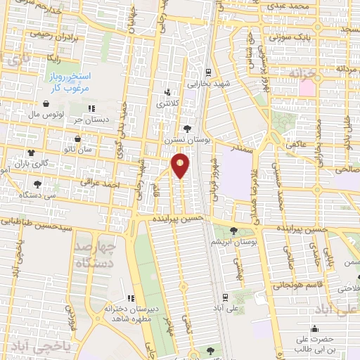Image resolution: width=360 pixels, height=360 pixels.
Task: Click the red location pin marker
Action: (181, 165)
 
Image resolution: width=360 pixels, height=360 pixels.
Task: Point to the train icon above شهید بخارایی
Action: (208, 72)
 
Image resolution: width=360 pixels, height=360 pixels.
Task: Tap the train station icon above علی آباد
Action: (224, 297)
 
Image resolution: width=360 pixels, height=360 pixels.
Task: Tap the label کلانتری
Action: (167, 103)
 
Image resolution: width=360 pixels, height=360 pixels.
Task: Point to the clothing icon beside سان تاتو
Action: (30, 150)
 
